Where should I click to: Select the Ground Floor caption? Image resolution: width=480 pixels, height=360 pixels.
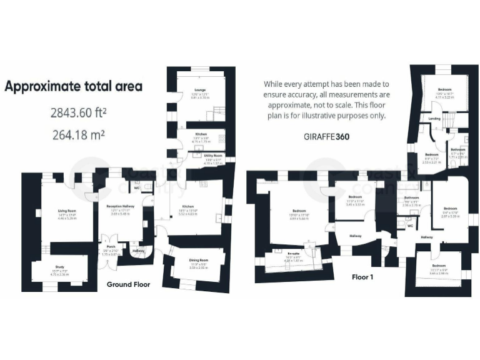(127, 284)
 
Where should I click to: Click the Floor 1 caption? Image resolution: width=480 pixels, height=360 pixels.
(362, 276)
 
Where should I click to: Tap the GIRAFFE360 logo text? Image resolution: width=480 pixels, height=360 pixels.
(326, 136)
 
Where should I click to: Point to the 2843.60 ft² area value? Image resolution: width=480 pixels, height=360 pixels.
(78, 113)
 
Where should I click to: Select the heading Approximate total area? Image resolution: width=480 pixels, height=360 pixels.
(73, 86)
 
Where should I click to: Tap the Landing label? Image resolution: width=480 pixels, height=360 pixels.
(434, 119)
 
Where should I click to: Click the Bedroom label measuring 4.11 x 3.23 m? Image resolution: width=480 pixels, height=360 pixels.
(444, 90)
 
